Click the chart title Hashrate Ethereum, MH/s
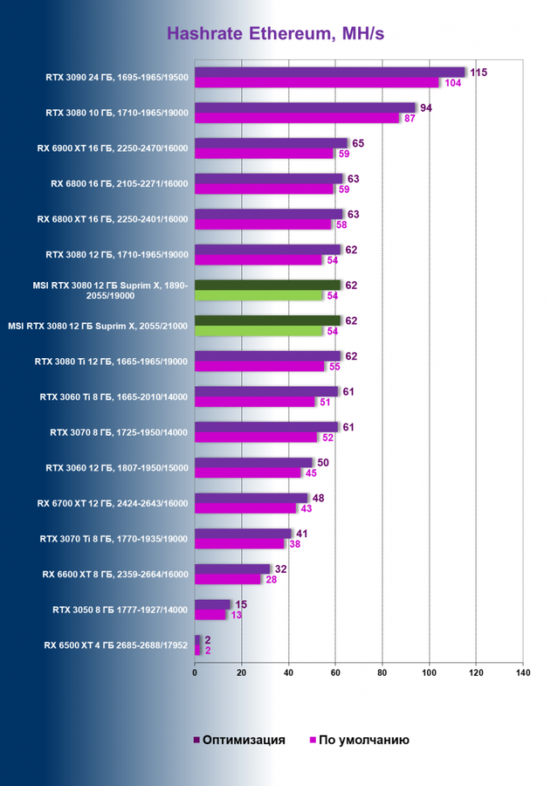(275, 34)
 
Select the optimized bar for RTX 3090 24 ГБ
(330, 72)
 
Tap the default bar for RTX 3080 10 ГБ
(297, 118)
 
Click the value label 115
(478, 72)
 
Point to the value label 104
(451, 83)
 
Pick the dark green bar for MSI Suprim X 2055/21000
(267, 321)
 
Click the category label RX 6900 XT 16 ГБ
(120, 148)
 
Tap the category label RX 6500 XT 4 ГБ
(117, 645)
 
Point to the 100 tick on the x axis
(429, 673)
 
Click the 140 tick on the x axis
(522, 673)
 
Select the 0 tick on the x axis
(195, 673)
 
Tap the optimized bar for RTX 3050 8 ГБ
(212, 604)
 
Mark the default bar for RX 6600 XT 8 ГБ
(227, 580)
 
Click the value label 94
(426, 108)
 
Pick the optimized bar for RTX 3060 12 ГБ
(253, 462)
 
